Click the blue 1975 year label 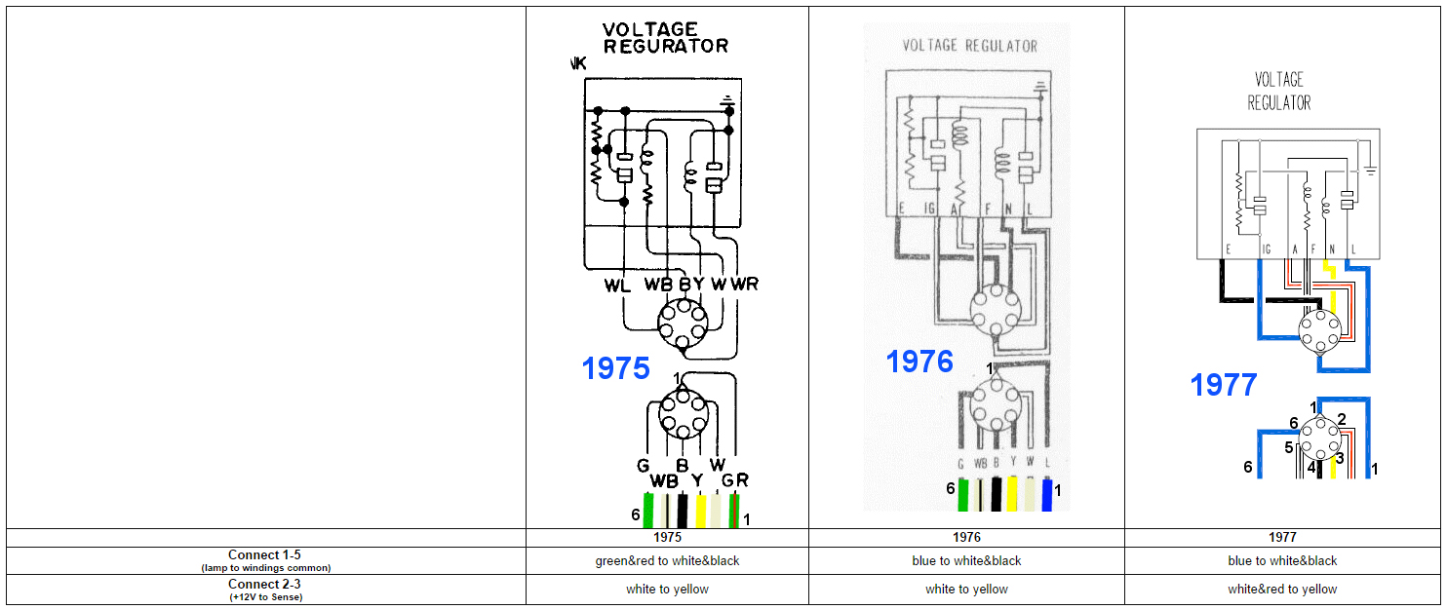[615, 368]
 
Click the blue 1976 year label [919, 362]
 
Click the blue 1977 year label [1223, 385]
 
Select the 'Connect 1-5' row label [265, 555]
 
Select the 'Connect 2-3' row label [265, 584]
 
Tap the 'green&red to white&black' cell [667, 561]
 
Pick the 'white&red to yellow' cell [1282, 590]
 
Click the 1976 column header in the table [966, 537]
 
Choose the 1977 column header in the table [1282, 537]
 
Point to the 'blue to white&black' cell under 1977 [1282, 561]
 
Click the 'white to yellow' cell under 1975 [667, 590]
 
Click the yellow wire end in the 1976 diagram [1012, 494]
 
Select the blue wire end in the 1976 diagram [1048, 494]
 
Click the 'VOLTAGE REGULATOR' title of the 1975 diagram [665, 38]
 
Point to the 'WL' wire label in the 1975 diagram [617, 285]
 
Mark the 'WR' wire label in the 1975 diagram [744, 285]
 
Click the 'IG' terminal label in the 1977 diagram [1266, 250]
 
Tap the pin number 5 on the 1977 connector [1288, 447]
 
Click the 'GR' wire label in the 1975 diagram [734, 480]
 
